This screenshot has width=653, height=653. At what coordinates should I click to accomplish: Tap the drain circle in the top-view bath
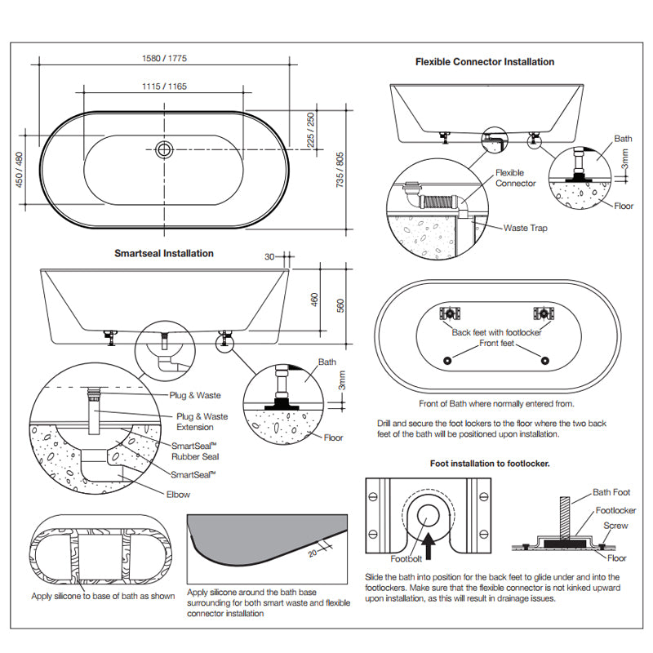164,149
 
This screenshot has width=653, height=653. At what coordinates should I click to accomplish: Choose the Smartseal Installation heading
164,253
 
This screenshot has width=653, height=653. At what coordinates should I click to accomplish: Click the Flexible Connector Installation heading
485,62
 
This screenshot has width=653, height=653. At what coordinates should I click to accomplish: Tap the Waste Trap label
526,229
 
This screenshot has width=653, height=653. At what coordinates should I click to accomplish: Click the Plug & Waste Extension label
202,421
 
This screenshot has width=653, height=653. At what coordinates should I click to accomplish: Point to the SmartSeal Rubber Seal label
194,451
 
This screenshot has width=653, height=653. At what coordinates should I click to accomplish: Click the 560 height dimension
340,305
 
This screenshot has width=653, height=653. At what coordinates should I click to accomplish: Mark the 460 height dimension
314,300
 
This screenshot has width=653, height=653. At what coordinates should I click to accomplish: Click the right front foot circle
544,361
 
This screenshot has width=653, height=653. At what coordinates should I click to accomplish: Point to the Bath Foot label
612,492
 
